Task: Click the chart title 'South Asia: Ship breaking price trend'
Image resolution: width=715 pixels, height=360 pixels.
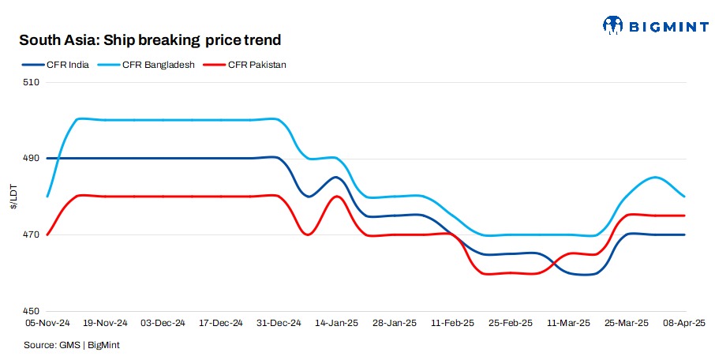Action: pyautogui.click(x=150, y=39)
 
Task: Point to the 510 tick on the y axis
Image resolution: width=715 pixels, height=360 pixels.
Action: pyautogui.click(x=32, y=82)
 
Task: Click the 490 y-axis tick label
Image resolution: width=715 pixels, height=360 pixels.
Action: pyautogui.click(x=32, y=159)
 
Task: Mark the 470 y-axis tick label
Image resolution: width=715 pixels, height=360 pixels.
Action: pyautogui.click(x=32, y=235)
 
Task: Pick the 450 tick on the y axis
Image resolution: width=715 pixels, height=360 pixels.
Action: pyautogui.click(x=32, y=312)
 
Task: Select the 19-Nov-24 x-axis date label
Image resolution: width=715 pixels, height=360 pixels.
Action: pyautogui.click(x=105, y=324)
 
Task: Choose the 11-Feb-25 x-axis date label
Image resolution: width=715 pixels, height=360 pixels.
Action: pyautogui.click(x=452, y=324)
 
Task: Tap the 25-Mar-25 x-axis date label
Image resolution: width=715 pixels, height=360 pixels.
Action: pyautogui.click(x=627, y=324)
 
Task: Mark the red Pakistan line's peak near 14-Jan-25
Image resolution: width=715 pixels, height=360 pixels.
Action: pyautogui.click(x=337, y=197)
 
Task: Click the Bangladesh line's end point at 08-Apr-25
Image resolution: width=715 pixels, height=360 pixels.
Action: pyautogui.click(x=684, y=197)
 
